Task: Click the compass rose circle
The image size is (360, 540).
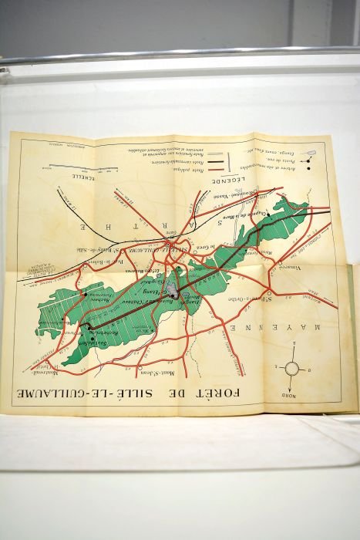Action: (x=291, y=368)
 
